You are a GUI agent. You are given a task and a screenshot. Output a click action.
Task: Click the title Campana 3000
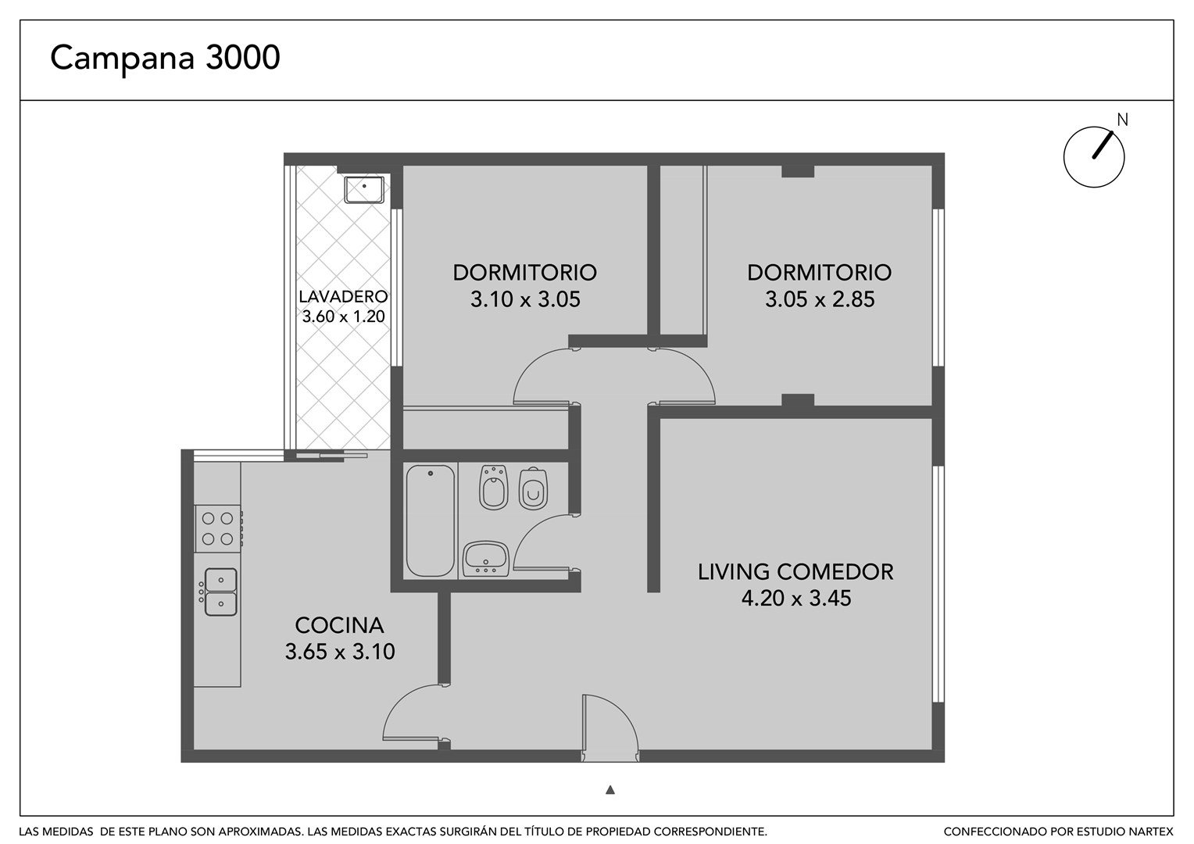pyautogui.click(x=165, y=59)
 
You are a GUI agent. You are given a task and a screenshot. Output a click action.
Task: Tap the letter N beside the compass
pyautogui.click(x=1122, y=120)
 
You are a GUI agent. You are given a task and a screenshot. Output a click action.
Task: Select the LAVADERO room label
pyautogui.click(x=343, y=296)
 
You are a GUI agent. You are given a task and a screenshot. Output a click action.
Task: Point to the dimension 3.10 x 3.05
pyautogui.click(x=525, y=299)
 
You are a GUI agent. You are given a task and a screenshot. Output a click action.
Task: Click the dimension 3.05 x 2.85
pyautogui.click(x=820, y=299)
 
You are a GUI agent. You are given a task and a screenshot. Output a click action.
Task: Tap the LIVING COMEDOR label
pyautogui.click(x=795, y=571)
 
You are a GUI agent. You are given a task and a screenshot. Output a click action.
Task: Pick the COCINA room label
pyautogui.click(x=340, y=625)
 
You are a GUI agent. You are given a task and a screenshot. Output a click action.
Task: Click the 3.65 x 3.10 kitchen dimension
pyautogui.click(x=340, y=652)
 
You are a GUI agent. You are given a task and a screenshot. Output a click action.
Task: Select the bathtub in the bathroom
pyautogui.click(x=430, y=520)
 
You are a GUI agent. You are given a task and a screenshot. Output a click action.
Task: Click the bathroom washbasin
pyautogui.click(x=485, y=559)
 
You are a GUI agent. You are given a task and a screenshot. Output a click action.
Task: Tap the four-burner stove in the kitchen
pyautogui.click(x=218, y=528)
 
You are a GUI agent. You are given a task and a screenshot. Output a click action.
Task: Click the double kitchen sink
pyautogui.click(x=220, y=592)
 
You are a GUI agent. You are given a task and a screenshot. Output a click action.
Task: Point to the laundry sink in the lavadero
pyautogui.click(x=364, y=190)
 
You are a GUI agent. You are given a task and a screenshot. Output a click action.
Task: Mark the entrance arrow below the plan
pyautogui.click(x=610, y=789)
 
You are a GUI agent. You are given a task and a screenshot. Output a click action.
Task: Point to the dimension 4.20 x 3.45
pyautogui.click(x=795, y=598)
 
